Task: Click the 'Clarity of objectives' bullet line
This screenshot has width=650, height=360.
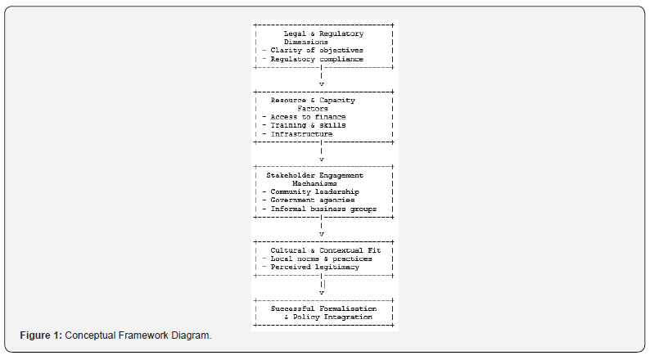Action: (313, 50)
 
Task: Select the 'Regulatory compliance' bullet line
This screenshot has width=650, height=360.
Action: (313, 59)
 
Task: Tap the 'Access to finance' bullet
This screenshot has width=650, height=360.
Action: (305, 117)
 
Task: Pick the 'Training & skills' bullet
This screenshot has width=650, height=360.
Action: (305, 125)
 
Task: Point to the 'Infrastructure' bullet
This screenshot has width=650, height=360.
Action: (298, 134)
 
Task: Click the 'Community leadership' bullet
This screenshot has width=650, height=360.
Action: (311, 191)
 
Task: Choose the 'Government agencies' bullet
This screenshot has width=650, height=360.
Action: (309, 200)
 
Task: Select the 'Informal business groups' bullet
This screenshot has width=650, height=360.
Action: (319, 209)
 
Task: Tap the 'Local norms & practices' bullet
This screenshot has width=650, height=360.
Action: (318, 259)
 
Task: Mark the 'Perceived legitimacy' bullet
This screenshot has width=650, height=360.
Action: (311, 267)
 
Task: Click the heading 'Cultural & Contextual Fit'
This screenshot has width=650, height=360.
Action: (326, 250)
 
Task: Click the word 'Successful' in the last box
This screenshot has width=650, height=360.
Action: (293, 308)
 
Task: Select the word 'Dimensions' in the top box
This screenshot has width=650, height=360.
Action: (306, 42)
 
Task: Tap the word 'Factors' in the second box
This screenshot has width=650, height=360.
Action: (313, 109)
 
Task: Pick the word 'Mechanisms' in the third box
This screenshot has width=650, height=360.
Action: (314, 183)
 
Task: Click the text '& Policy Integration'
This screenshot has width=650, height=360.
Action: (328, 317)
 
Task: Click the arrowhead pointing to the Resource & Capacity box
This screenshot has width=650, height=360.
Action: (321, 84)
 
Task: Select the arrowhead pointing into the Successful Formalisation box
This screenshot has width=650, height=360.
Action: (321, 293)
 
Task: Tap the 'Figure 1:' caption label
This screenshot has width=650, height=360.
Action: (41, 335)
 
